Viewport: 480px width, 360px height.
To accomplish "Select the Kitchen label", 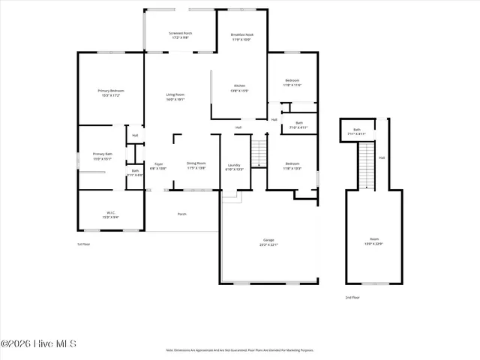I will (x=240, y=88).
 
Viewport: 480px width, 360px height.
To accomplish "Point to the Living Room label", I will (x=175, y=97).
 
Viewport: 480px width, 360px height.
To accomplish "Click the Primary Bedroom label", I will (x=110, y=93).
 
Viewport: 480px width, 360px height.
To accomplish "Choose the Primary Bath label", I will (x=102, y=156).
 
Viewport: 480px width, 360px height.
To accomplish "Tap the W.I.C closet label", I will (x=110, y=214).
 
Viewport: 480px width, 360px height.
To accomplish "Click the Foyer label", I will (x=158, y=166).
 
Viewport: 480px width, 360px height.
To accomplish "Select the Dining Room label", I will (x=196, y=165).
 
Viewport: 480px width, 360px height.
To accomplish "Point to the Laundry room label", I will (x=235, y=166).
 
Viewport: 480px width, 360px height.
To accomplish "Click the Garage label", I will (x=268, y=241).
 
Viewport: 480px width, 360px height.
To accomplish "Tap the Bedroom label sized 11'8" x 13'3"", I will (x=292, y=166).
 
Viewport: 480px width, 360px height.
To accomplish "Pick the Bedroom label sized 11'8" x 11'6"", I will (x=292, y=82).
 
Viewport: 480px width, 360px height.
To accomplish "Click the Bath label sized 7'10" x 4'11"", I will (x=298, y=125).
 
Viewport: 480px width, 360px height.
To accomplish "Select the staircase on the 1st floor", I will (x=259, y=154).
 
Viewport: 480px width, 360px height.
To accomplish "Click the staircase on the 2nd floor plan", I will (x=366, y=165).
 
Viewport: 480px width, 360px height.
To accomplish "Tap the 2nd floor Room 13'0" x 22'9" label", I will (x=373, y=241).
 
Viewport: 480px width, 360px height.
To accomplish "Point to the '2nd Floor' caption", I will (x=352, y=298).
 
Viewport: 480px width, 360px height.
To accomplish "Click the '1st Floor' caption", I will (x=83, y=244).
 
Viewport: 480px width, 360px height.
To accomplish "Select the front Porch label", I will (x=181, y=214).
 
